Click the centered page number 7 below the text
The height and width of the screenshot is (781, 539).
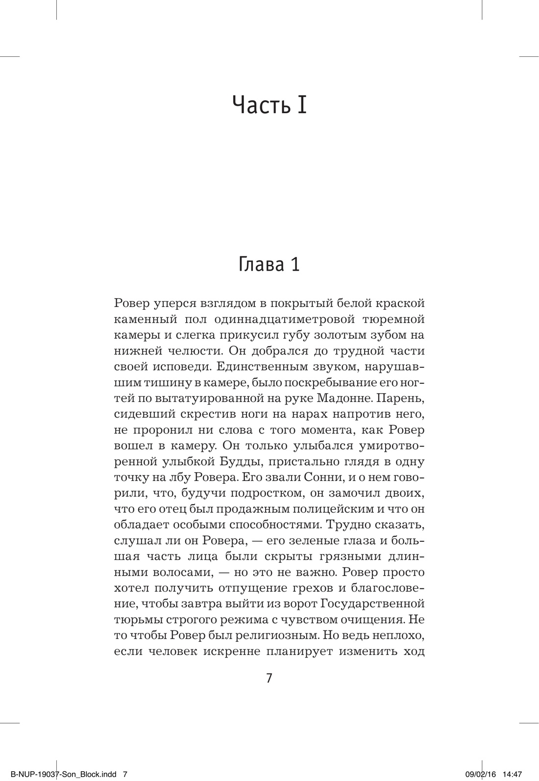pyautogui.click(x=269, y=678)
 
